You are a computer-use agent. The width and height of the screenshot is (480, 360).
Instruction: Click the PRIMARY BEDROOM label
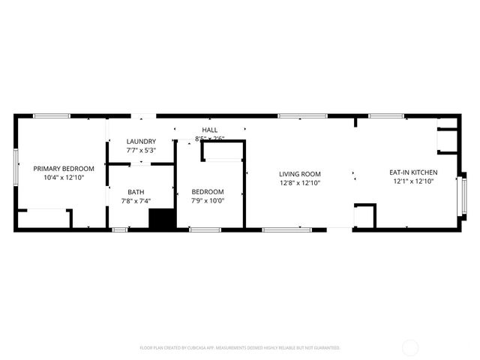(x=64, y=169)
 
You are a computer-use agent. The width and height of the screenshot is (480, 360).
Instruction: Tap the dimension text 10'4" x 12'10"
(x=64, y=178)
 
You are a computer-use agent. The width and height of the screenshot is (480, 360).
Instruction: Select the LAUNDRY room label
(x=141, y=141)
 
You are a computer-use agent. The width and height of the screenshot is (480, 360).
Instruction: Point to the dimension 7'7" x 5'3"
(x=141, y=150)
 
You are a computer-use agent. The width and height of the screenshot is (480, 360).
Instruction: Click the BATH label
(x=136, y=191)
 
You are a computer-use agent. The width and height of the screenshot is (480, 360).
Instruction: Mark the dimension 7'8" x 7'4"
(x=136, y=200)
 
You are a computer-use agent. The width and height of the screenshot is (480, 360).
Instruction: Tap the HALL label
(x=209, y=130)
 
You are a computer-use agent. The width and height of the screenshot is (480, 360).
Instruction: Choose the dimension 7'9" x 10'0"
(x=208, y=200)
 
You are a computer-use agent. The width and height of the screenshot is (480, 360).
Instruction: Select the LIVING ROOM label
(x=300, y=173)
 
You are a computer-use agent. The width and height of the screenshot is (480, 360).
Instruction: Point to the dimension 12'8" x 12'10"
(x=300, y=182)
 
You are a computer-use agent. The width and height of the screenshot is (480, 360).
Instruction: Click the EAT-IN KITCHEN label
(x=413, y=173)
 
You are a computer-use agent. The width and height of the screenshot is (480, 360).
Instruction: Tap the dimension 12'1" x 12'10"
(x=413, y=182)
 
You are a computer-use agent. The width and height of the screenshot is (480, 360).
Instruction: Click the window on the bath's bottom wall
(x=119, y=229)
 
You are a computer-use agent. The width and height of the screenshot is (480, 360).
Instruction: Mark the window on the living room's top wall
(x=302, y=115)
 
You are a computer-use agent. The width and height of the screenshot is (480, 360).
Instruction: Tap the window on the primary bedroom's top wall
(x=52, y=115)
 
